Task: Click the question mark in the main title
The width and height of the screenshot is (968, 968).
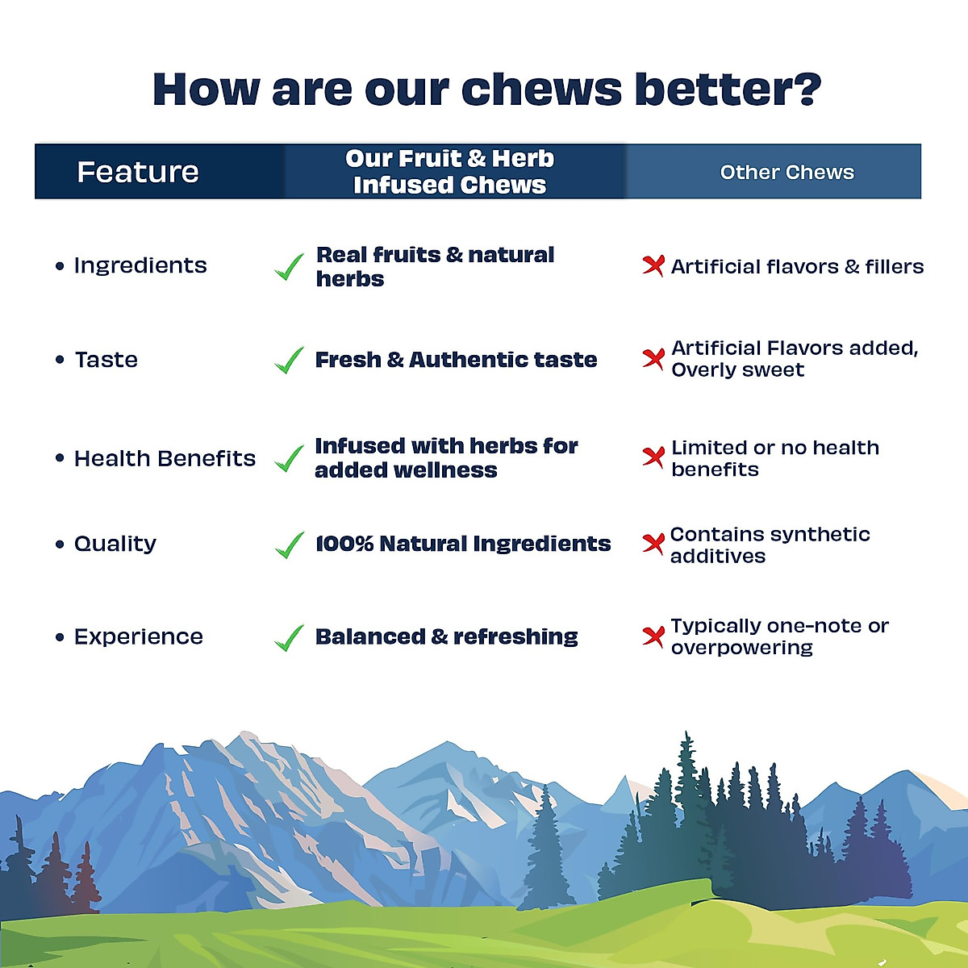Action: (x=803, y=89)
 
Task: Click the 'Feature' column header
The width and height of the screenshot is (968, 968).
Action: (x=138, y=172)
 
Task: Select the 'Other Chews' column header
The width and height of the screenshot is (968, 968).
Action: (x=786, y=173)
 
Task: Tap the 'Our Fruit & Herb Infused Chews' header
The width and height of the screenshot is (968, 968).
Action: (x=449, y=172)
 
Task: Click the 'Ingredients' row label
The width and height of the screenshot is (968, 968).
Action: (x=140, y=265)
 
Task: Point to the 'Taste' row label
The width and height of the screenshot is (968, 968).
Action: (x=106, y=360)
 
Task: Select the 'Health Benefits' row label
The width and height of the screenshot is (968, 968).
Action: (x=165, y=458)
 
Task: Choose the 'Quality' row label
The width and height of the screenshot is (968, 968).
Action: (x=115, y=544)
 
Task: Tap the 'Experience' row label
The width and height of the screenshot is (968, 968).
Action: (x=139, y=636)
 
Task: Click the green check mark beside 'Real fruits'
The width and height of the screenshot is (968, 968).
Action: (x=289, y=267)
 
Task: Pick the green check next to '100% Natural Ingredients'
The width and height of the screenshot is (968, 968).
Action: (x=289, y=545)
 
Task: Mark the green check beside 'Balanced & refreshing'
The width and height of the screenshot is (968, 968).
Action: (x=289, y=638)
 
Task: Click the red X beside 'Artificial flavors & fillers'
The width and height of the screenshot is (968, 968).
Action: (x=653, y=265)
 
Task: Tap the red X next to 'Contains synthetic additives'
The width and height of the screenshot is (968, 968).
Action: (x=653, y=544)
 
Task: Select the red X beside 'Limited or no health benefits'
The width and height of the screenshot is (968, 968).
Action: (x=653, y=457)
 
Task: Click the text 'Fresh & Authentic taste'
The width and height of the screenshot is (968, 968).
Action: (x=456, y=360)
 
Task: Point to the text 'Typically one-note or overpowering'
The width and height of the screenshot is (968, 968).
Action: (x=779, y=636)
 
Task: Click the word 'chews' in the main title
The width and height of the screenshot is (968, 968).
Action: (x=493, y=89)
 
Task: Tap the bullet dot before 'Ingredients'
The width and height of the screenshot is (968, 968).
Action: (x=60, y=265)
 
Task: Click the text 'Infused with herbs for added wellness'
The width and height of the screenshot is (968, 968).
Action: (x=446, y=457)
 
